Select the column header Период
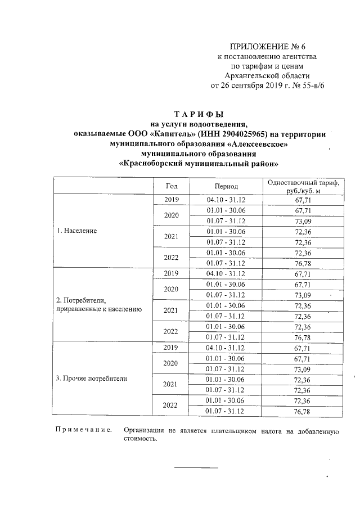227,186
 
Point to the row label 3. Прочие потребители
92,379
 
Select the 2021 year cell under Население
171,237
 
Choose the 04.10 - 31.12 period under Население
227,199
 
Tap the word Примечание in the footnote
83,431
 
